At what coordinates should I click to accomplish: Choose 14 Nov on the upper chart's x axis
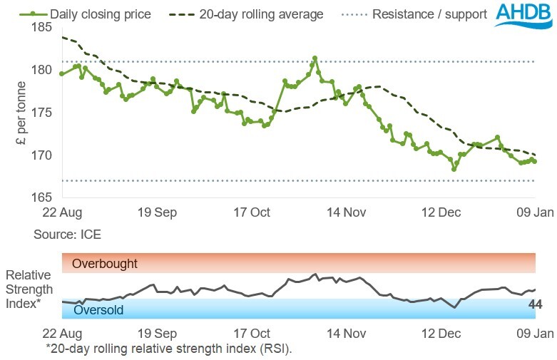point(345,212)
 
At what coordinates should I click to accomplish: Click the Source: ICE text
point(66,234)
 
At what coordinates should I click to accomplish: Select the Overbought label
point(105,264)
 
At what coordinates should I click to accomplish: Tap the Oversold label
point(98,310)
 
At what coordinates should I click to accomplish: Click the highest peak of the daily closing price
point(315,58)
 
